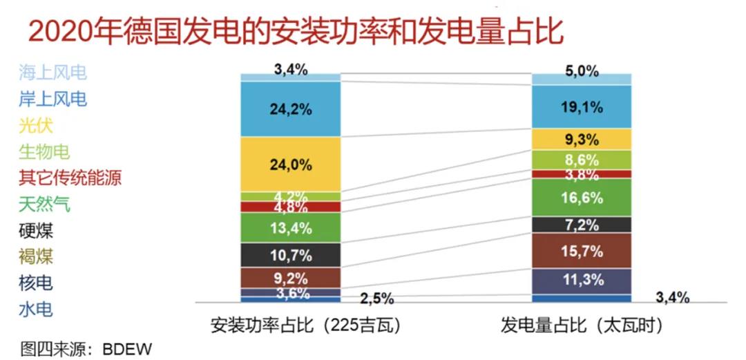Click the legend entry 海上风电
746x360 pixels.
[53, 72]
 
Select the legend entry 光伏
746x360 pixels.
[37, 125]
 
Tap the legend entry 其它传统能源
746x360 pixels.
[70, 178]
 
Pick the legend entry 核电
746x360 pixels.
[37, 283]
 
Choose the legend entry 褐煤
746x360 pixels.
[37, 257]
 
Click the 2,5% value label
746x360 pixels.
[377, 299]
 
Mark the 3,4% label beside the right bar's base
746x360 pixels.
[673, 298]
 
